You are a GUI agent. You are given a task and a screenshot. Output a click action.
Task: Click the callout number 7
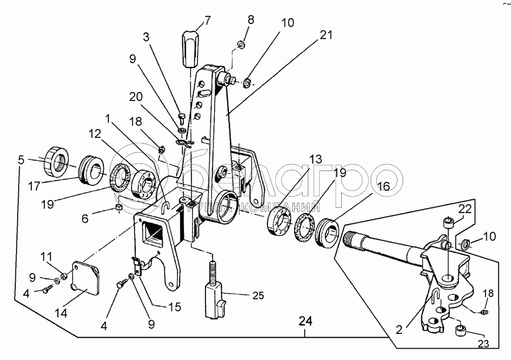207,22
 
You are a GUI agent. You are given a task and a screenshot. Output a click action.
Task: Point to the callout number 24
305,322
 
